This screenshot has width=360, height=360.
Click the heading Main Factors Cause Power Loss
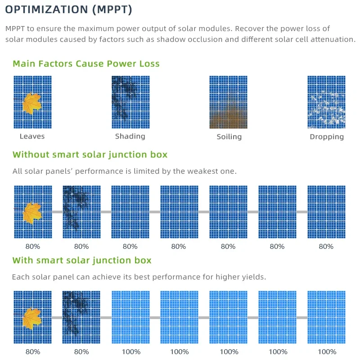click(x=86, y=63)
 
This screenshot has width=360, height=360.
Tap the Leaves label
click(x=32, y=136)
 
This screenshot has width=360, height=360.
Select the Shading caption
click(x=130, y=136)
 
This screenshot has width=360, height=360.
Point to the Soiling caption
click(x=229, y=136)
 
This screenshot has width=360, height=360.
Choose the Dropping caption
click(x=327, y=136)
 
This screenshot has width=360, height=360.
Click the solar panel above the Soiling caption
click(x=229, y=102)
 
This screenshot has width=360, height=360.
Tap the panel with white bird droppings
click(x=326, y=102)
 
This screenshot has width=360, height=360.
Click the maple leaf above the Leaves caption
click(x=32, y=103)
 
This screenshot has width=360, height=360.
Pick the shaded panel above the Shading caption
click(x=130, y=102)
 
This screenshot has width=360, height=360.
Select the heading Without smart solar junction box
click(x=90, y=155)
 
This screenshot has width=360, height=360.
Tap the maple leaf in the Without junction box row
click(x=32, y=212)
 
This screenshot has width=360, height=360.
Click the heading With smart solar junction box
click(x=82, y=261)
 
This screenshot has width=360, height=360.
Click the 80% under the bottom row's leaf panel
click(x=32, y=352)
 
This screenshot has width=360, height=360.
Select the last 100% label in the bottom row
click(x=326, y=352)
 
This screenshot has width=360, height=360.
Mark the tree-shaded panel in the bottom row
click(x=81, y=317)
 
